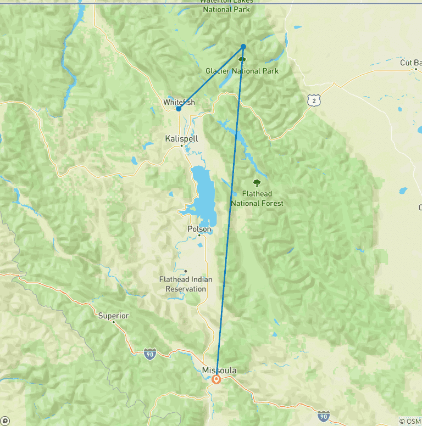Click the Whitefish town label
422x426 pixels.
click(179, 102)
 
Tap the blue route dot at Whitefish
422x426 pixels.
click(179, 109)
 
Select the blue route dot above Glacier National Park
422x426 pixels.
click(243, 47)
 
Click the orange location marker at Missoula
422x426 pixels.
click(216, 379)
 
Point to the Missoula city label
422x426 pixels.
click(219, 370)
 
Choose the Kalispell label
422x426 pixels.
click(181, 139)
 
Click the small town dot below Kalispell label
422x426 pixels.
click(182, 146)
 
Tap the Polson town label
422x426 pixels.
click(199, 229)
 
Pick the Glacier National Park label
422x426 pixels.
click(242, 71)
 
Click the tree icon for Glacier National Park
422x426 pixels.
click(242, 58)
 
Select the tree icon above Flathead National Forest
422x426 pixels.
click(257, 183)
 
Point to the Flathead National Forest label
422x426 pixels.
click(257, 199)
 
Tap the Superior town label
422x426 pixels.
click(113, 316)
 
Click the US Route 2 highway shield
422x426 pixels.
click(313, 100)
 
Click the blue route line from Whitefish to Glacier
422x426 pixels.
click(211, 77)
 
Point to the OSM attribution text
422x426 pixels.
click(410, 421)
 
